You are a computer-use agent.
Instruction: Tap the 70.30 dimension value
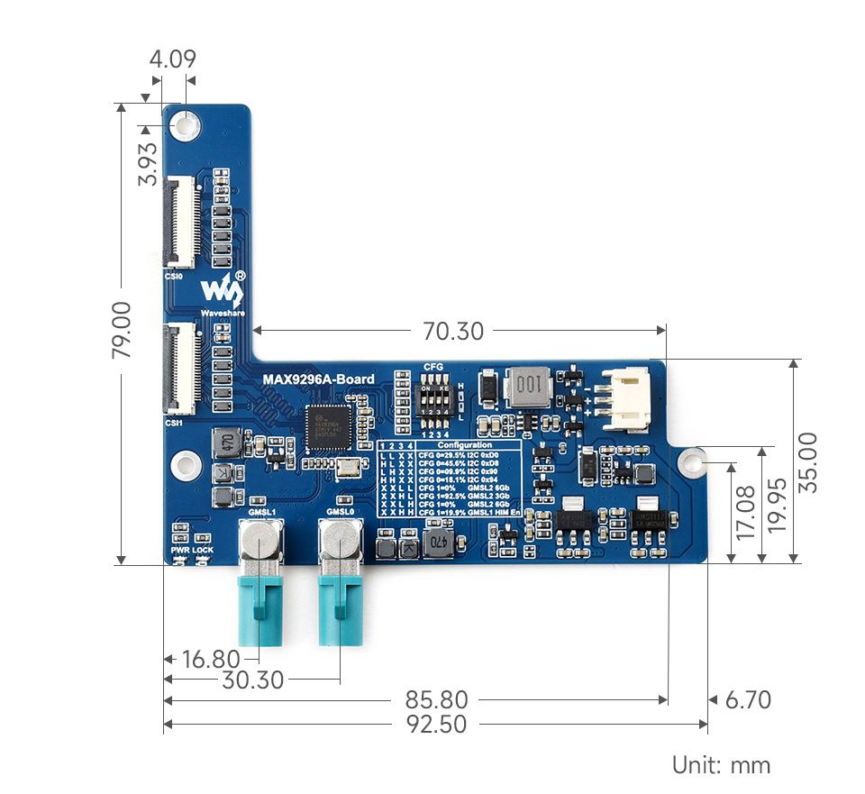tap(453, 332)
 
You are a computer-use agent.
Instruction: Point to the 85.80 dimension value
tap(436, 699)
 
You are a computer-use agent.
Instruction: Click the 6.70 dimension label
tap(747, 699)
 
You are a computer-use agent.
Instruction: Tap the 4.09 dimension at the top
tap(172, 60)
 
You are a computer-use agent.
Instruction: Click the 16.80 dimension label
tap(211, 659)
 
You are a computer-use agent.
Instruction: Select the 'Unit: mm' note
tap(721, 765)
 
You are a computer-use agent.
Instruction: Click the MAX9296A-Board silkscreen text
tap(318, 379)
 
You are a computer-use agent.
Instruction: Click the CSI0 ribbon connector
tap(181, 222)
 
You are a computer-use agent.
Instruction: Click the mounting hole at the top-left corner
tap(187, 123)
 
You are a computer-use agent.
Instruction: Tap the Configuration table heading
tap(465, 445)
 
